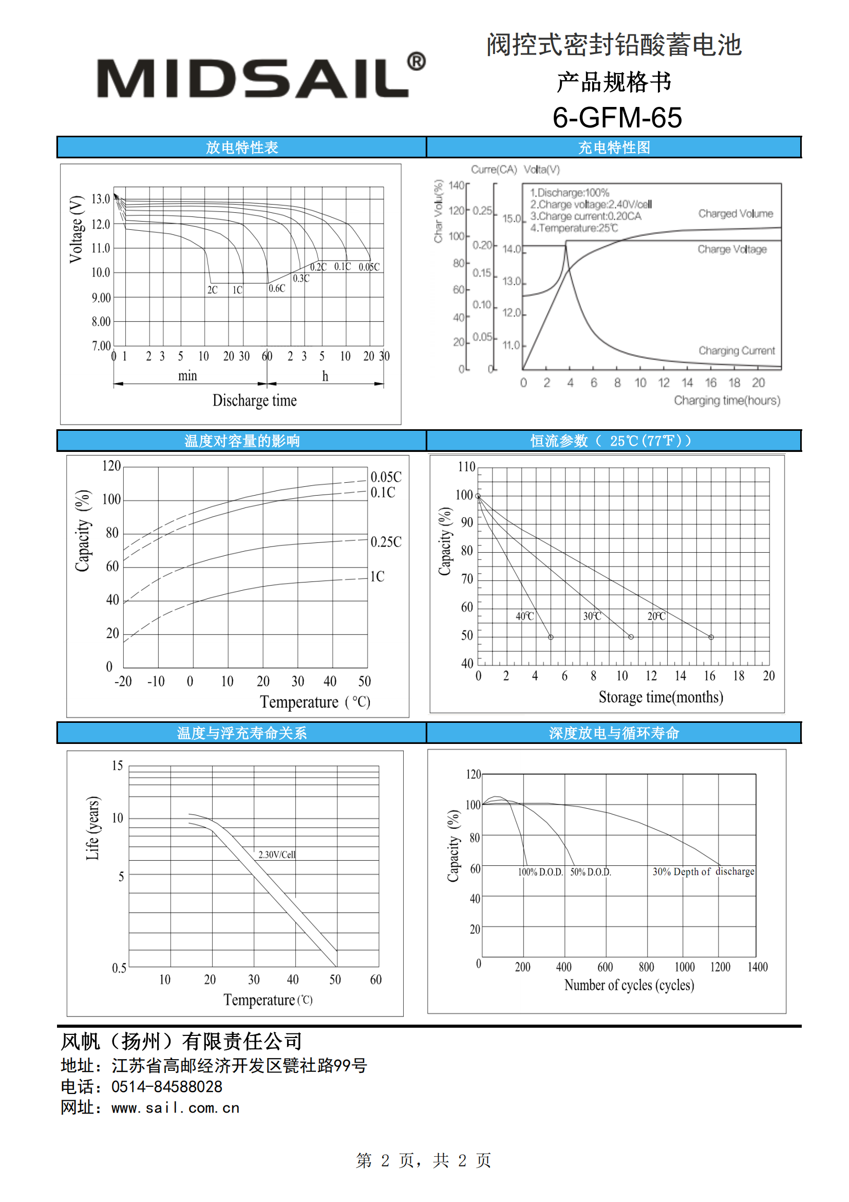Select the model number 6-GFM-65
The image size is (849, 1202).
[x=617, y=117]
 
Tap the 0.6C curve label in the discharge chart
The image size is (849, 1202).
[x=277, y=288]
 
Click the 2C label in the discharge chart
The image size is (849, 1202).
[x=213, y=290]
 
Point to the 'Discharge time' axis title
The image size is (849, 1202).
[x=254, y=400]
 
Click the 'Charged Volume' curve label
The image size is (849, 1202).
[x=735, y=213]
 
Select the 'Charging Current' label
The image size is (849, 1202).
[x=737, y=351]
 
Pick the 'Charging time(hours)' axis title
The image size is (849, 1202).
[x=727, y=400]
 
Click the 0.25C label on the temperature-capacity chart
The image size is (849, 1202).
[x=386, y=542]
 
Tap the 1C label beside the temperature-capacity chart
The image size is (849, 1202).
[x=377, y=576]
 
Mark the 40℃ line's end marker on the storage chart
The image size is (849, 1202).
[x=551, y=637]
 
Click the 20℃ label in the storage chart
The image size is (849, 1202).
[x=656, y=616]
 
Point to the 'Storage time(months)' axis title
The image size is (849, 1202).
[x=661, y=697]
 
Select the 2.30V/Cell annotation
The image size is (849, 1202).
[x=277, y=854]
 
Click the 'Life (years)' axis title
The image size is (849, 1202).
[x=92, y=828]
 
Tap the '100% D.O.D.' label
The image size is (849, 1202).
[x=540, y=872]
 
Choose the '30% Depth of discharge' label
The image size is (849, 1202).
[x=704, y=871]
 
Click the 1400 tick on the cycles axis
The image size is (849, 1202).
[x=758, y=967]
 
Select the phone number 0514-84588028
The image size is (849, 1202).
[x=167, y=1087]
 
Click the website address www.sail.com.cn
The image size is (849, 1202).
[x=175, y=1108]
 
